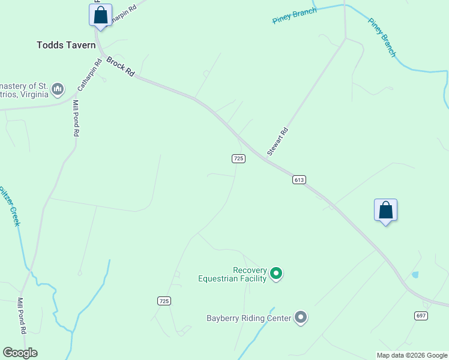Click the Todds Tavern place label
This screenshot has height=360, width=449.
(x=66, y=45)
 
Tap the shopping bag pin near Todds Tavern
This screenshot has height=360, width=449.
(x=101, y=15)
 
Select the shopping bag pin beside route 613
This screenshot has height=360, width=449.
(x=385, y=210)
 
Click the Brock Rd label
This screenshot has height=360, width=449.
(x=120, y=65)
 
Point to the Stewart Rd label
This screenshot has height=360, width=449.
(x=278, y=142)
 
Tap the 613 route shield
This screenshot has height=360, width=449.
(x=300, y=179)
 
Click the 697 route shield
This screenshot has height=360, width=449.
(x=421, y=316)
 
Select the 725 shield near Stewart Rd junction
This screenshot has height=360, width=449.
(x=238, y=158)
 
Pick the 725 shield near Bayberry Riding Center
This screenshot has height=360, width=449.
(x=164, y=301)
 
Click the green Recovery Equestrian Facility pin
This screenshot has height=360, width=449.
(x=276, y=274)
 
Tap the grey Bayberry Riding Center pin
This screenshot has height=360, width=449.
(x=301, y=318)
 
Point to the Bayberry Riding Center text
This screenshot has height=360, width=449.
(x=249, y=318)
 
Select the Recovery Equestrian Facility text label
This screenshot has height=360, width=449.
(x=232, y=274)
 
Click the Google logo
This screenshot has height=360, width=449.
(x=20, y=353)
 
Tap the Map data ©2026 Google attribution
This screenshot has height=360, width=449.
(x=412, y=355)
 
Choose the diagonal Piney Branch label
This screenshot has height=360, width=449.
(x=382, y=38)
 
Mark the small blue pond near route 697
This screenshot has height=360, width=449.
(x=415, y=275)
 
